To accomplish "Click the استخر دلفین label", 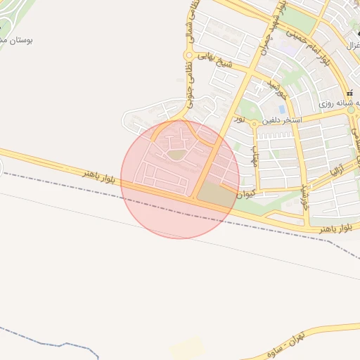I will [x=282, y=120].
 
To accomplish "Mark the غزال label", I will [x=353, y=44].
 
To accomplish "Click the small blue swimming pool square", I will [x=282, y=110].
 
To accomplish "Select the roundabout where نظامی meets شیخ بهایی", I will [x=188, y=55].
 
